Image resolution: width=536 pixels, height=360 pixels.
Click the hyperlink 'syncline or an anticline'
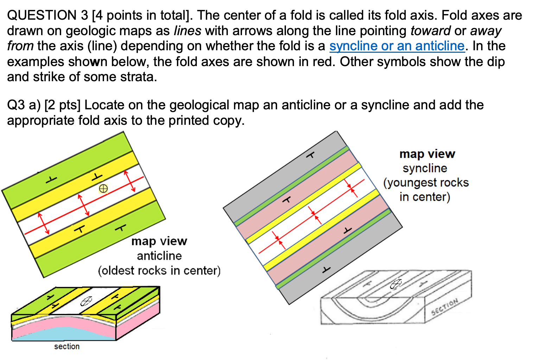pos(397,46)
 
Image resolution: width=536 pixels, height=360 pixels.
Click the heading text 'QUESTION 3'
pos(47,15)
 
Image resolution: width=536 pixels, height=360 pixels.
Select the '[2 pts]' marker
pos(63,105)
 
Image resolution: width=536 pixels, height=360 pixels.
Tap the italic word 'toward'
pos(430,31)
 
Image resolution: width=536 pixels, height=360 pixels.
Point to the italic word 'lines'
pos(187,31)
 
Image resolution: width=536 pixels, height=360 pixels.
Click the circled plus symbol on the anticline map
pos(103,188)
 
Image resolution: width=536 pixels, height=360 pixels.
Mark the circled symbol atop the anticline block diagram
pos(86,301)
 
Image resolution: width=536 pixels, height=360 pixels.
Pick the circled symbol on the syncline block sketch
pos(396,284)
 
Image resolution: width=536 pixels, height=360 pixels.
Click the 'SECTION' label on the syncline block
pos(445,306)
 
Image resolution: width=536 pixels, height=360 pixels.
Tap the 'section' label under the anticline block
pos(67,347)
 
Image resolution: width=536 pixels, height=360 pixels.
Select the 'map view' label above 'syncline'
pos(427,154)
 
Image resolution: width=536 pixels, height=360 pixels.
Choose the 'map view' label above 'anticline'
pos(159,241)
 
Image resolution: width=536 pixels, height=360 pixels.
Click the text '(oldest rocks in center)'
pos(159,271)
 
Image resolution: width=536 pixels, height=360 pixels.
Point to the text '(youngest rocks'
pos(426,183)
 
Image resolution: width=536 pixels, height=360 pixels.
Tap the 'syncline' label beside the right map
pos(425,168)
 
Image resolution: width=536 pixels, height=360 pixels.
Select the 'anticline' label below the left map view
pos(159,256)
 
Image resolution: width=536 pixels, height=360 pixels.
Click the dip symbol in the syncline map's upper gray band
pos(310,155)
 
